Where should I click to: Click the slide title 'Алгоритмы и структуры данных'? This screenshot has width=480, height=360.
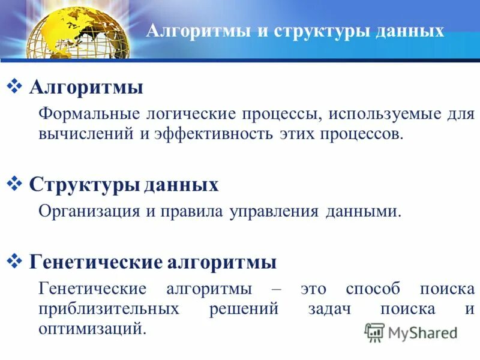tap(295, 31)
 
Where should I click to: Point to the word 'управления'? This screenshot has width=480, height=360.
tap(274, 211)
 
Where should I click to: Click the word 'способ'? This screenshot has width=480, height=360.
tap(372, 289)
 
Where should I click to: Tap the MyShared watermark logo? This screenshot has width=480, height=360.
tap(411, 332)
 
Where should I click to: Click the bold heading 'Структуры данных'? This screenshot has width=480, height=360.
tap(124, 184)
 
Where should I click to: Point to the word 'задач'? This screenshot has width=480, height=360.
tap(329, 309)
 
